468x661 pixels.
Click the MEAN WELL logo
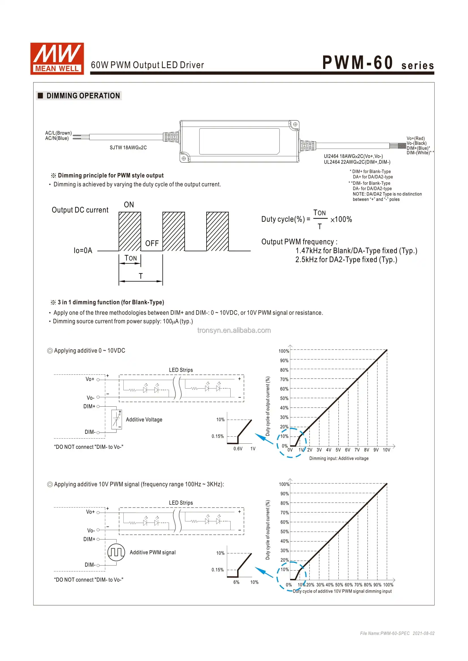tap(57, 59)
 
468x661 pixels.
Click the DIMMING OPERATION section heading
tap(83, 96)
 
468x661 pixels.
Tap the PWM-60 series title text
tap(378, 63)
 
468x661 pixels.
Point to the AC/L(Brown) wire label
tap(58, 133)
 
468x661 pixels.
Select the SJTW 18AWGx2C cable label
tap(128, 148)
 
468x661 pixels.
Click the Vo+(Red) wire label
tap(416, 138)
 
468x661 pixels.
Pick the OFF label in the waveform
tap(152, 244)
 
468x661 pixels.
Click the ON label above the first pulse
tap(129, 205)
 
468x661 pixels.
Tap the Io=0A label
tap(83, 250)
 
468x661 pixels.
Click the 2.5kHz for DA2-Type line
tap(346, 260)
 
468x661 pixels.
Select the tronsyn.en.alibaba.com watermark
tap(234, 331)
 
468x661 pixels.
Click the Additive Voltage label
tap(144, 420)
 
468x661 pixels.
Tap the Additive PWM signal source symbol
tap(116, 552)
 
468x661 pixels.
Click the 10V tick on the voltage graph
tap(387, 450)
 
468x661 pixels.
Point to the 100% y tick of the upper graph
tap(284, 351)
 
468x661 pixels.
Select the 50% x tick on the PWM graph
tap(339, 585)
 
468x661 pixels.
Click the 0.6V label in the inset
tap(238, 449)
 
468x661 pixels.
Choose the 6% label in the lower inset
tap(236, 582)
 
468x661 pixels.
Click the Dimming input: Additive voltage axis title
tap(339, 458)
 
